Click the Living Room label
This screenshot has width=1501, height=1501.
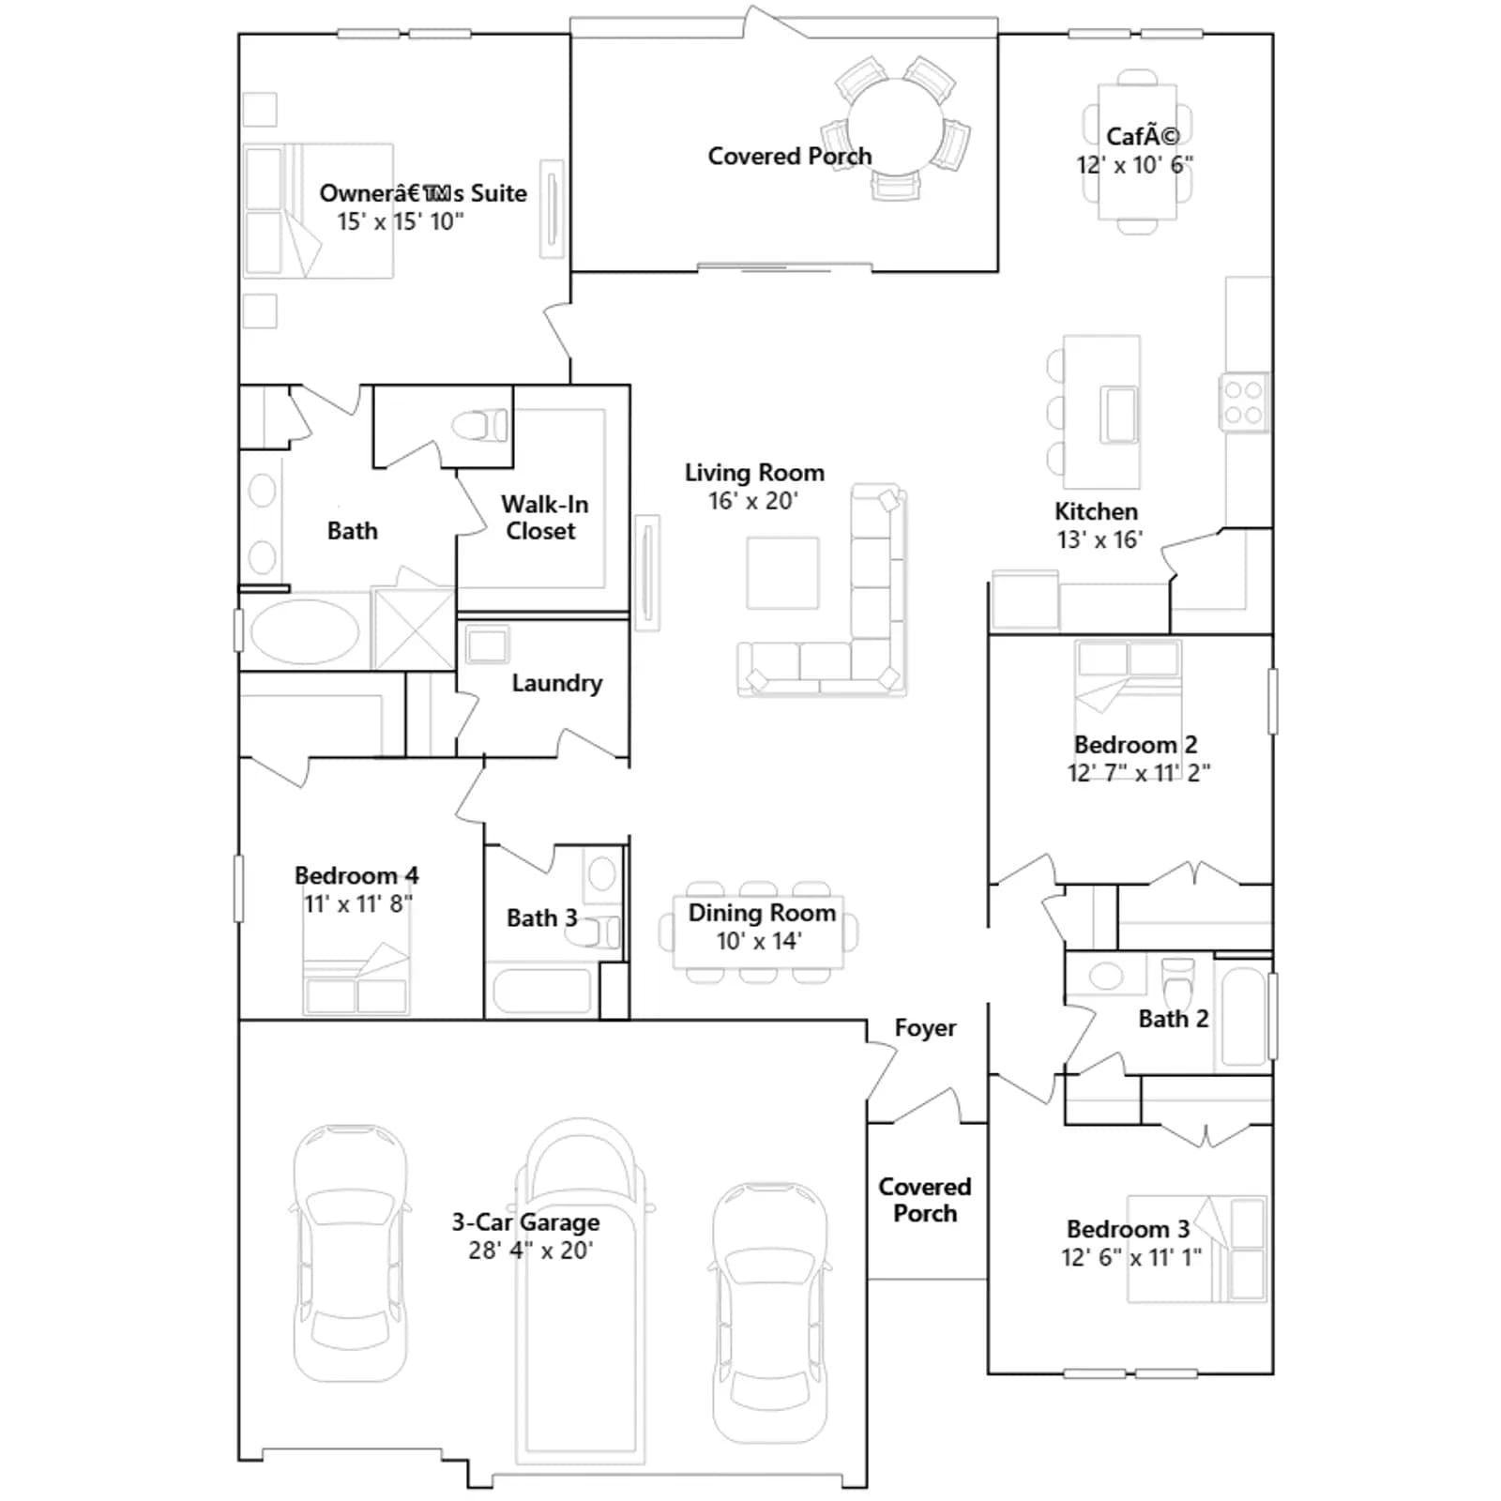click(x=754, y=473)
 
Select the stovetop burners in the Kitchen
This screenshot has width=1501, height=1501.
click(x=1244, y=402)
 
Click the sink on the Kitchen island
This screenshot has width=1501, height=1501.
click(x=1118, y=414)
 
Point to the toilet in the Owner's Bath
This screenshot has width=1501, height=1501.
click(x=480, y=426)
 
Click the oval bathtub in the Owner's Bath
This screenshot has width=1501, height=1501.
click(x=305, y=631)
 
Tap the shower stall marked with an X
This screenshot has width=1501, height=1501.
click(x=414, y=629)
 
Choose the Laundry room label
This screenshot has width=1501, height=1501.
click(x=557, y=683)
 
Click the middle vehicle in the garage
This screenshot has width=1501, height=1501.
click(x=581, y=1290)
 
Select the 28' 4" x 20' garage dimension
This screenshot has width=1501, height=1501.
click(x=531, y=1251)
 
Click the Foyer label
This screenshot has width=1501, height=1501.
click(x=925, y=1028)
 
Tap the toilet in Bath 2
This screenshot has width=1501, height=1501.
click(x=1177, y=981)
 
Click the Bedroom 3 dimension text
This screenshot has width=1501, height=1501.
click(x=1131, y=1257)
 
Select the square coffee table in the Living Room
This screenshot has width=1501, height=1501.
click(x=782, y=573)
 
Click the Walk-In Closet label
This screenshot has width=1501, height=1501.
click(x=544, y=518)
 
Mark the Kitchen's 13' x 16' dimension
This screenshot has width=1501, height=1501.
click(x=1099, y=539)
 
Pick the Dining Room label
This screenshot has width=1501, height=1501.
click(x=762, y=913)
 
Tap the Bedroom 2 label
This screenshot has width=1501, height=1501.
click(x=1135, y=745)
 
